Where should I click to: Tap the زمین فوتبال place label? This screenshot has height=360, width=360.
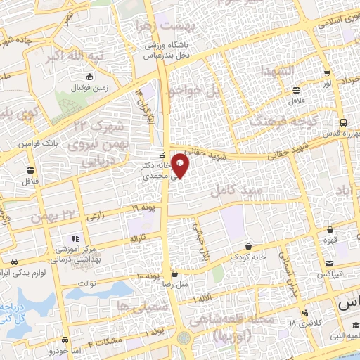click(89, 89)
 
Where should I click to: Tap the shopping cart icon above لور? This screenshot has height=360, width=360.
click(326, 73)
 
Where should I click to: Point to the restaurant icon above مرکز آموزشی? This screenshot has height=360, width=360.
click(75, 238)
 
